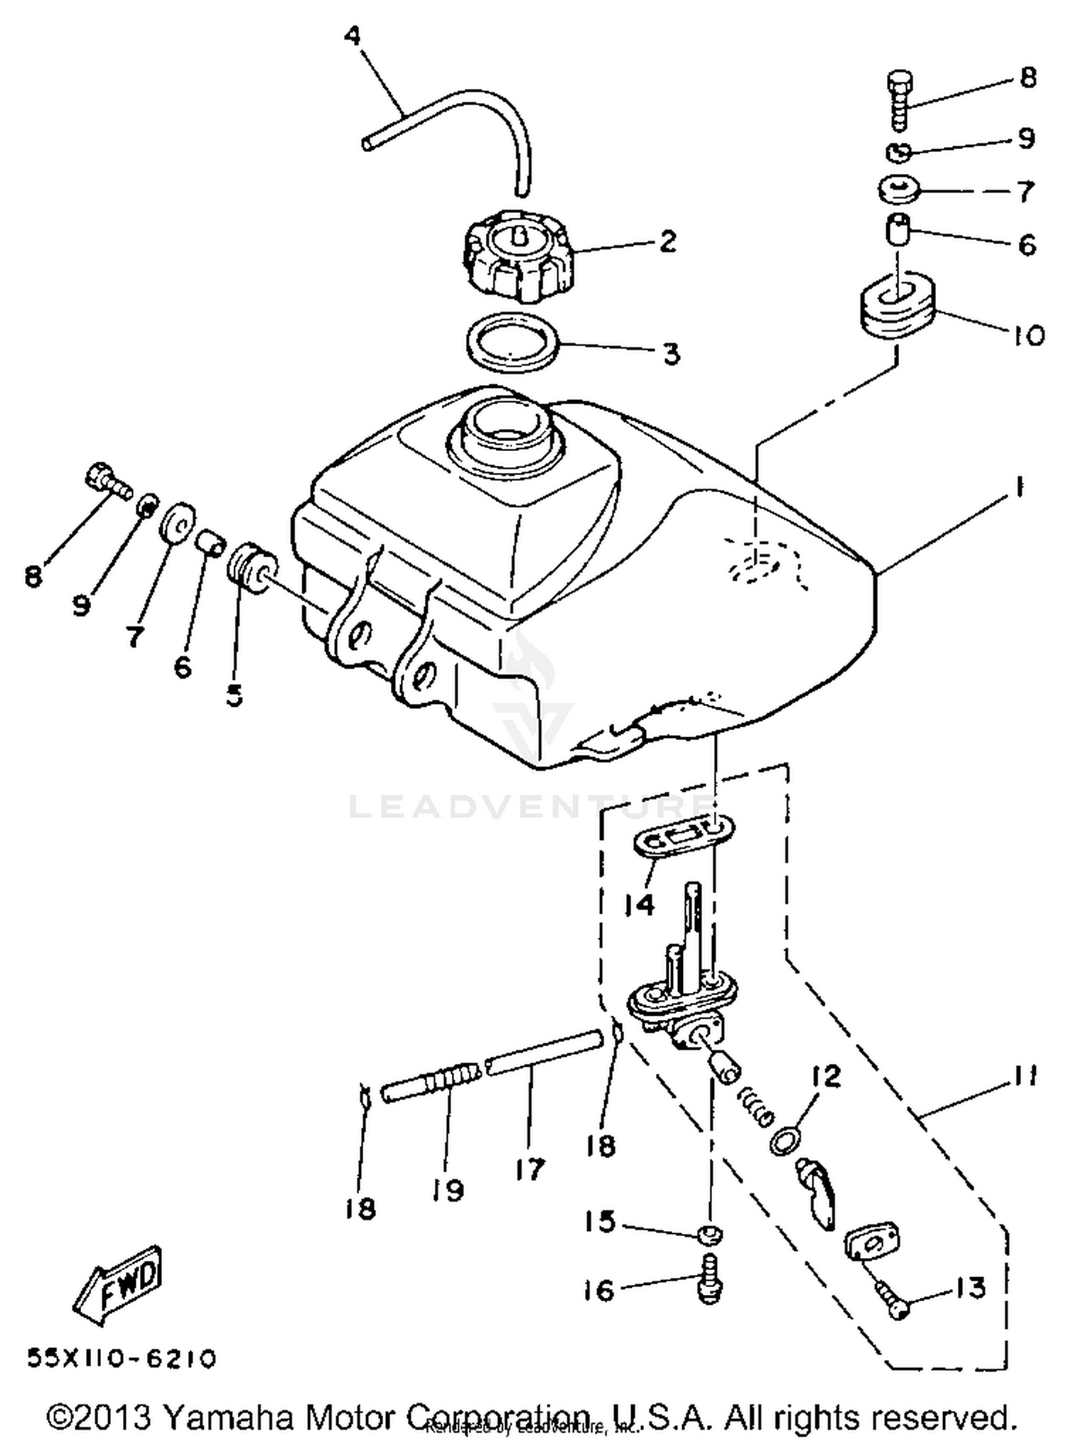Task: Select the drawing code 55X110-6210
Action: click(121, 1358)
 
